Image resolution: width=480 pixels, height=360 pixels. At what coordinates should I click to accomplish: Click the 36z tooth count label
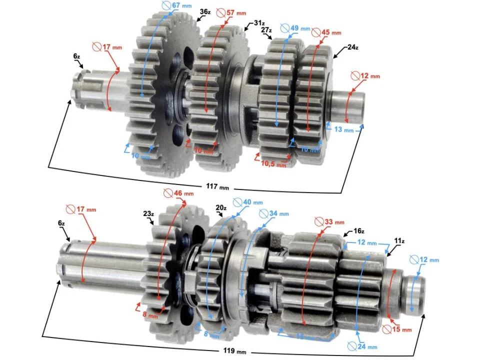click(x=204, y=11)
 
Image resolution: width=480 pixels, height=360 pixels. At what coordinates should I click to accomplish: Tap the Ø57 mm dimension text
click(x=234, y=12)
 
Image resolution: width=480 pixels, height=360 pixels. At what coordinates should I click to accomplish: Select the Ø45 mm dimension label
click(x=326, y=32)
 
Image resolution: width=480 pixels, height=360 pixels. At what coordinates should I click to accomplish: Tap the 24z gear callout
click(x=353, y=47)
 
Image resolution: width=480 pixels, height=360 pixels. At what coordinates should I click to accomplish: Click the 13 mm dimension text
click(x=343, y=130)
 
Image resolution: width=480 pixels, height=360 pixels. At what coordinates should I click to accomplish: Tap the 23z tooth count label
click(x=148, y=213)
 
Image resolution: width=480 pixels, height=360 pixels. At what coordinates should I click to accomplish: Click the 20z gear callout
click(x=221, y=207)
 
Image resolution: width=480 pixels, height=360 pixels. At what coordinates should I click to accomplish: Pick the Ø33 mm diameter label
click(x=328, y=221)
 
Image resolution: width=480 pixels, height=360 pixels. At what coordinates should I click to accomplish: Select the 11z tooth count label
click(x=399, y=241)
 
